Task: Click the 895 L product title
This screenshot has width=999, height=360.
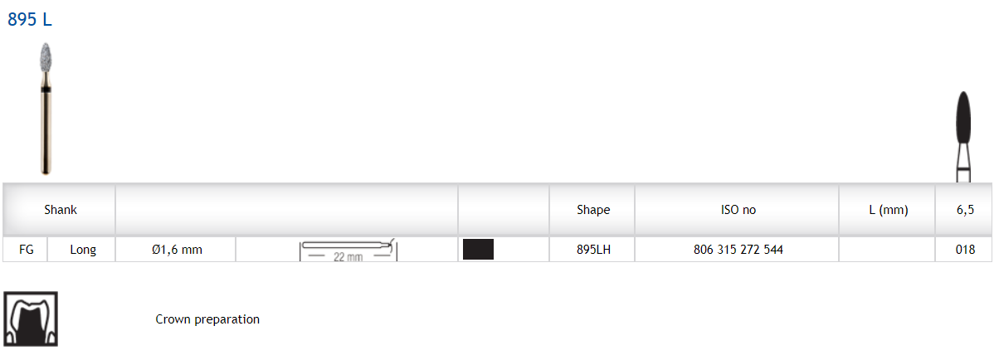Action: [30, 20]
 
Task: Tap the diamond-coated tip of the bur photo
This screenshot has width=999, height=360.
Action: [46, 57]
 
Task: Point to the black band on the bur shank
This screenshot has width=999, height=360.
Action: [46, 90]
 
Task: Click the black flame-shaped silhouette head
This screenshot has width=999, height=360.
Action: [963, 118]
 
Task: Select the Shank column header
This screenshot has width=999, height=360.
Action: [61, 210]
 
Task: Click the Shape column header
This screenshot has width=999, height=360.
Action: [593, 210]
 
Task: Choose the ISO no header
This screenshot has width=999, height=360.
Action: [738, 210]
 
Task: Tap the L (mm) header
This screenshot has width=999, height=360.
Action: [889, 210]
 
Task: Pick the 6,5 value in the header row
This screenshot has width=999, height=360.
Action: [965, 210]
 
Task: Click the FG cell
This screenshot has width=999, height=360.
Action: [27, 250]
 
